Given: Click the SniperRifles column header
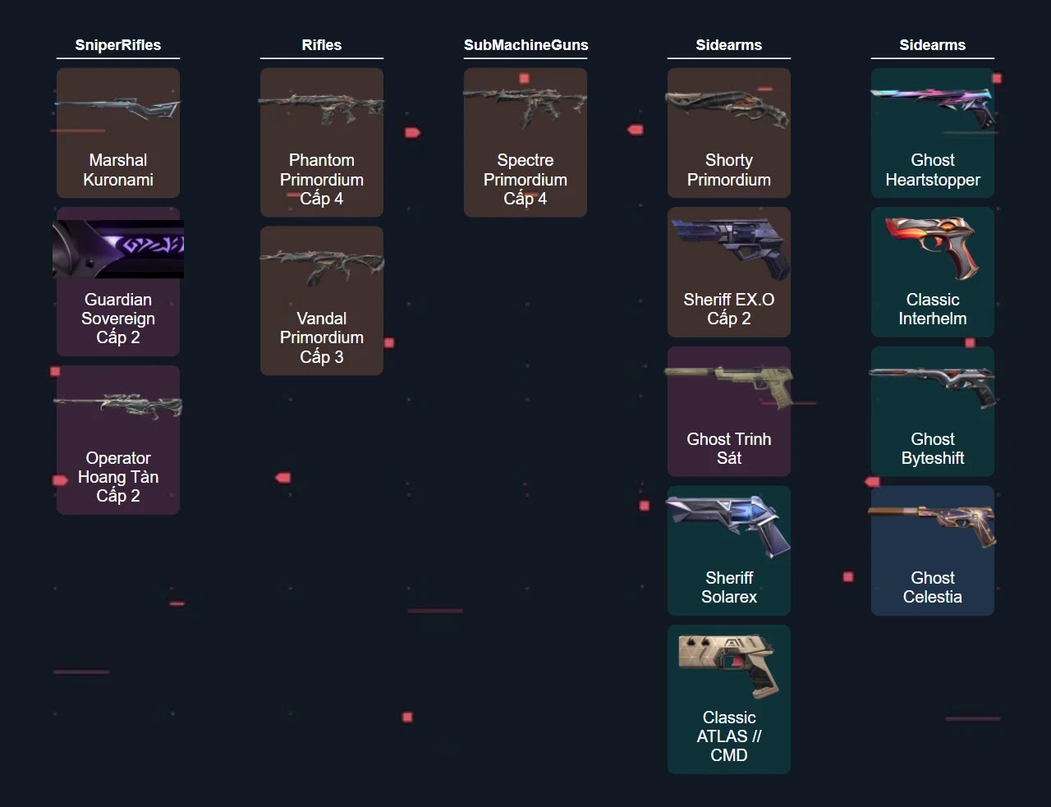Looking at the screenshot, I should pos(117,45).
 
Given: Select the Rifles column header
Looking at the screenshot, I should pos(321,45).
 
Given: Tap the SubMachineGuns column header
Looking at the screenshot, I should pos(525,45).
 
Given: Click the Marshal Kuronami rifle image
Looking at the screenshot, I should pos(117,108).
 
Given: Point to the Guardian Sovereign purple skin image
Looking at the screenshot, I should pos(117,249).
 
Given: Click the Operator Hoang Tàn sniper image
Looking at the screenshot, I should pos(117,406).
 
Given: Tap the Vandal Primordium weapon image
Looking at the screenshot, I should pos(321,266).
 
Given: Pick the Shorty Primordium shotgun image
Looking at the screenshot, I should pos(728,109).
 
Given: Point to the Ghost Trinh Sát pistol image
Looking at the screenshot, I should pos(729,385).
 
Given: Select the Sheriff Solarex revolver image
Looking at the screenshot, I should pos(728,524).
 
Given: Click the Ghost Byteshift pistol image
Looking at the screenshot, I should pos(933,386).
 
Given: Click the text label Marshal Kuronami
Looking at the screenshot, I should pos(117,170).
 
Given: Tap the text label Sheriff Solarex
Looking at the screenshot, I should pos(728,587).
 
